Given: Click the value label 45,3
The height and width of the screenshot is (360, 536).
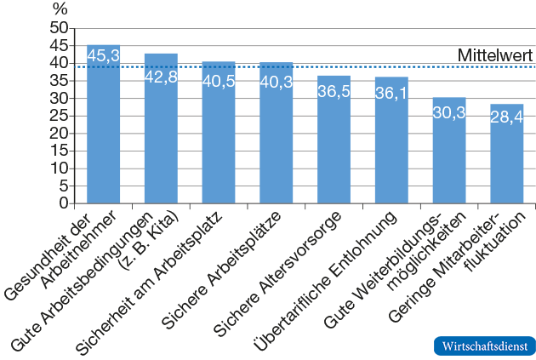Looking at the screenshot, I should click(x=103, y=55).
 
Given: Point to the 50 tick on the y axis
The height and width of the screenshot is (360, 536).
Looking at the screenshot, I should click(x=58, y=28).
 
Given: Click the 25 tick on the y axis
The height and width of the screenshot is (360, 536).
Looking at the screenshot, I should click(x=58, y=116).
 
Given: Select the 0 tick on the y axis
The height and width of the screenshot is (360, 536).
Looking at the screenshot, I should click(x=62, y=203).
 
